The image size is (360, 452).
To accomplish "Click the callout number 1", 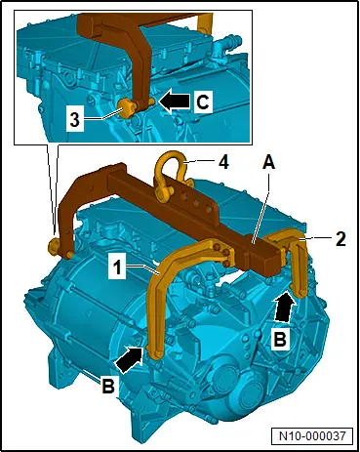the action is click(117, 267).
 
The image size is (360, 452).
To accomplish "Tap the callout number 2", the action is click(340, 239).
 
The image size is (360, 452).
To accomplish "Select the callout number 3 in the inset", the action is click(75, 119).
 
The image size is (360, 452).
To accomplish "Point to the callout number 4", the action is click(223, 162).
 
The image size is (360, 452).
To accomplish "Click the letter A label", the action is click(269, 162).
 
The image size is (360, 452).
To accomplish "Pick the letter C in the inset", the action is click(203, 102).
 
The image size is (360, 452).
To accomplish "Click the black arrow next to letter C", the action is click(174, 101).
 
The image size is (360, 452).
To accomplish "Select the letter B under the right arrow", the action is click(280, 339).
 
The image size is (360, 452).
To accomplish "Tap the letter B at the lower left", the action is click(108, 387).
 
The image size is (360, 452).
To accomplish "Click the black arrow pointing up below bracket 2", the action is click(286, 307).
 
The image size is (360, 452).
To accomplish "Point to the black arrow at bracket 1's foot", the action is click(130, 359).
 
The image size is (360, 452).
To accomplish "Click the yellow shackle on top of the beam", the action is click(170, 175).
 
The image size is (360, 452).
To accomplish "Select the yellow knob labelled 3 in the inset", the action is click(126, 108).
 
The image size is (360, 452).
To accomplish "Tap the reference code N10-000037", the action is click(312, 435).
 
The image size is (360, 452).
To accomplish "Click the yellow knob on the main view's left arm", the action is click(53, 245).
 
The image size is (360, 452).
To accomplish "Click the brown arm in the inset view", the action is click(137, 56).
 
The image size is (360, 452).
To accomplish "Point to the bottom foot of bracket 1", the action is click(157, 353).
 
